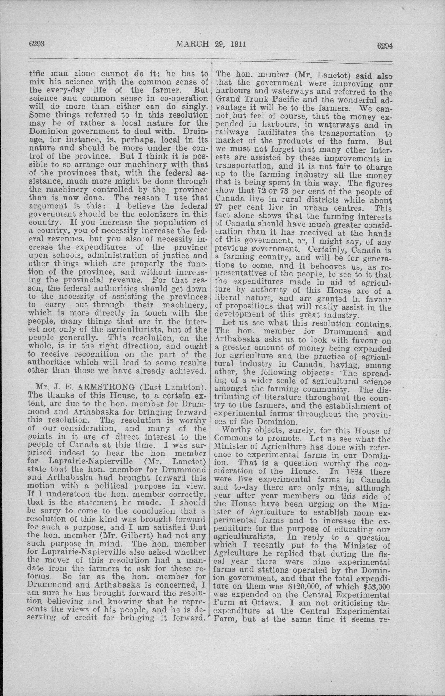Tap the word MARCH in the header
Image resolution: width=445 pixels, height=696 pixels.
pos(193,44)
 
